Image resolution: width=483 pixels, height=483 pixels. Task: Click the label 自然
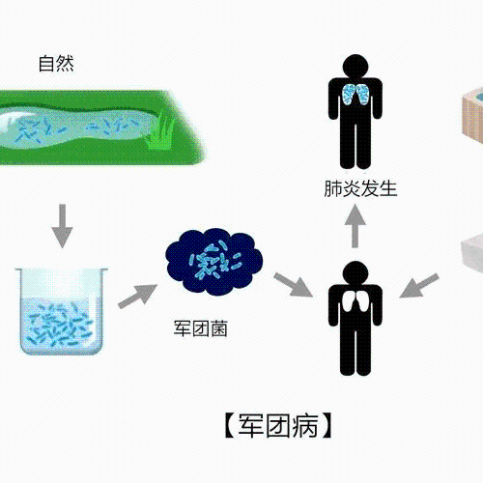click(x=56, y=64)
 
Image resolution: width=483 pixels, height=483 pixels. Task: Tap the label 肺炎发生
click(x=360, y=188)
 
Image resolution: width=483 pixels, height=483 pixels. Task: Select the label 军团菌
click(x=201, y=328)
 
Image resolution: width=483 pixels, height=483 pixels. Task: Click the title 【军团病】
click(x=278, y=426)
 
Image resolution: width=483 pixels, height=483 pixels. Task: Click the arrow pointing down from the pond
click(x=62, y=226)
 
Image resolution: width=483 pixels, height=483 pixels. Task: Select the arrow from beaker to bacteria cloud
click(x=137, y=297)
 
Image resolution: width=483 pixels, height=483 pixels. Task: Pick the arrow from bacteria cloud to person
click(x=293, y=285)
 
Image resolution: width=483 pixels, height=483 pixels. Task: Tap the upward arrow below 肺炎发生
click(x=355, y=226)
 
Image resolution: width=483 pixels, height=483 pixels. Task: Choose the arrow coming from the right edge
click(x=419, y=286)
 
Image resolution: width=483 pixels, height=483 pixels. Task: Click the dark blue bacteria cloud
click(x=214, y=262)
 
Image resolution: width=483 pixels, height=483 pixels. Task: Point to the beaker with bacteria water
click(x=62, y=311)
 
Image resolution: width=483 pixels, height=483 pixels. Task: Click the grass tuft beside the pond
click(x=160, y=131)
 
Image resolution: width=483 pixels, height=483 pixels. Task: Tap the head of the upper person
click(x=355, y=66)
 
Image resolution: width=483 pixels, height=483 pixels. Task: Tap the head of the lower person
click(x=355, y=272)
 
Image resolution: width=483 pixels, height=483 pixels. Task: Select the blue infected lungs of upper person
click(x=355, y=94)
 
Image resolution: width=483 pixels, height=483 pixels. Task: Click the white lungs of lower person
click(x=355, y=300)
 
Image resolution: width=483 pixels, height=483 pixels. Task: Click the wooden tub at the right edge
click(x=472, y=114)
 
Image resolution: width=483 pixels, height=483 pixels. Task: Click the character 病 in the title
click(x=305, y=426)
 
